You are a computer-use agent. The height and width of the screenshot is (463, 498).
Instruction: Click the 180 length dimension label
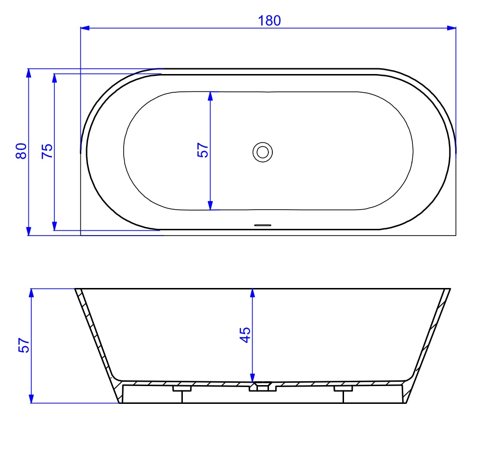pos(269,21)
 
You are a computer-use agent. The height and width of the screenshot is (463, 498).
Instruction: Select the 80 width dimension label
pos(21,151)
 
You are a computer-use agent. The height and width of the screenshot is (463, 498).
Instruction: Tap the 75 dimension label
pos(47,151)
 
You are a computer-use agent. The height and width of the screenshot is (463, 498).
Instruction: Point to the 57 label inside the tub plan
pos(203,150)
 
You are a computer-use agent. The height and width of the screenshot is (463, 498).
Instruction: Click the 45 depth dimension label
pos(245,335)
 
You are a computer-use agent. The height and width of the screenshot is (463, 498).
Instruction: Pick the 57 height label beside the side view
pos(24,345)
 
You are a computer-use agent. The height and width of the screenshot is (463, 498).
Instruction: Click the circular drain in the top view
pos(263,152)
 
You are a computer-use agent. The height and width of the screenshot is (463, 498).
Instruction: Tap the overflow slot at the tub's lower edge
pos(263,225)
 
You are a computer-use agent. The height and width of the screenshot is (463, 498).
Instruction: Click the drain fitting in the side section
pos(263,387)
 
